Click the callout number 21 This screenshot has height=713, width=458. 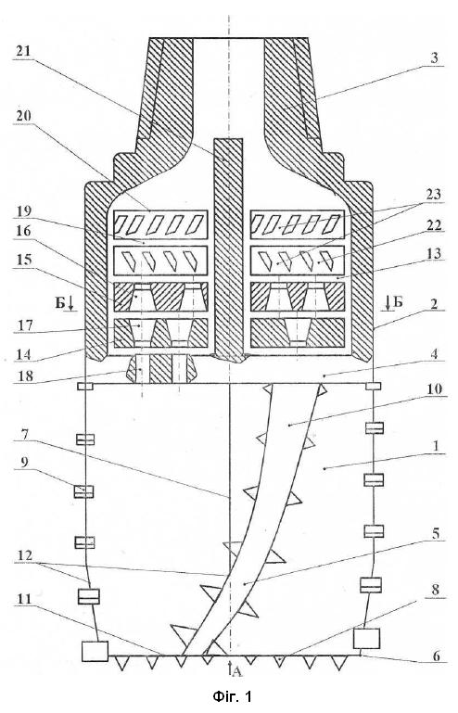click(x=23, y=50)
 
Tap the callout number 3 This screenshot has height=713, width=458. click(x=434, y=57)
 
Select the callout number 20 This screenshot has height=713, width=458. click(x=23, y=116)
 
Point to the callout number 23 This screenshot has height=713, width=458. click(x=434, y=194)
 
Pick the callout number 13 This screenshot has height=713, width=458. click(x=434, y=253)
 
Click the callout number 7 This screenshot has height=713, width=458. click(x=25, y=434)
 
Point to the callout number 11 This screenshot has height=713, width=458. click(x=24, y=599)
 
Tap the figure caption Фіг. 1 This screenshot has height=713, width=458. click(x=232, y=696)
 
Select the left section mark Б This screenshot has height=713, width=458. click(x=59, y=302)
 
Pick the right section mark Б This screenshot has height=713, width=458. click(x=399, y=301)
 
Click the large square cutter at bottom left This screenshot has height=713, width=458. click(x=95, y=651)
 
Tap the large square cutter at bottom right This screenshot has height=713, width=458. click(x=366, y=639)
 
